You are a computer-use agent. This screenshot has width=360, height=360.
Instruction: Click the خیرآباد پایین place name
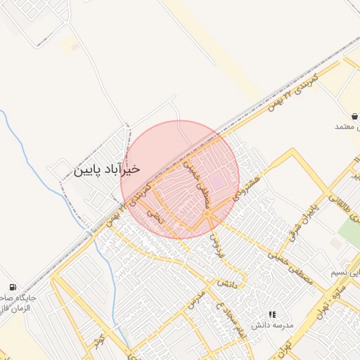(x=107, y=169)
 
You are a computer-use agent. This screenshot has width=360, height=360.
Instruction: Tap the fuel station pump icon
(x=13, y=287)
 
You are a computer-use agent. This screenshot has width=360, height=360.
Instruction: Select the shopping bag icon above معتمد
(x=354, y=115)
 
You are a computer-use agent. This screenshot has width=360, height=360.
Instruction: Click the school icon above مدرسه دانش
(x=272, y=314)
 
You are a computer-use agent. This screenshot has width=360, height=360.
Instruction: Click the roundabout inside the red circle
(x=207, y=213)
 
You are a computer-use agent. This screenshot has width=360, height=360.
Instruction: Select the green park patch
(x=349, y=232)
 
